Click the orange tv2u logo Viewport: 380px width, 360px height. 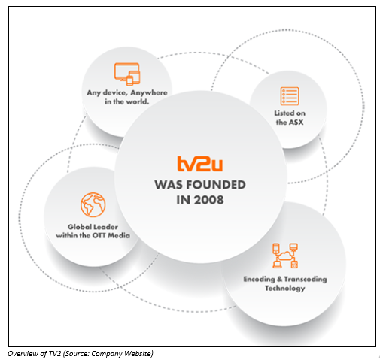199,164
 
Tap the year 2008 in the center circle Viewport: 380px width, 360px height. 208,200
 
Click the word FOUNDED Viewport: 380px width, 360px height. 216,185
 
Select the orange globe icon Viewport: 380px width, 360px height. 93,204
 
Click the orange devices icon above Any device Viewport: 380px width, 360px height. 127,74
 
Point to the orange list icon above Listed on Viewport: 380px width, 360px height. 290,96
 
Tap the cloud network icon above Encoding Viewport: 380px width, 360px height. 285,256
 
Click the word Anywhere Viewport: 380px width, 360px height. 149,92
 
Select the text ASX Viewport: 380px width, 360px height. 296,123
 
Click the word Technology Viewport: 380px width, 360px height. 285,289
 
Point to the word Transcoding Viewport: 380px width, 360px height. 306,280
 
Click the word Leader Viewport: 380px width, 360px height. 105,227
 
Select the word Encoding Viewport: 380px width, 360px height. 260,280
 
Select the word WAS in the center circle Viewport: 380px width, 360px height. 169,185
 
